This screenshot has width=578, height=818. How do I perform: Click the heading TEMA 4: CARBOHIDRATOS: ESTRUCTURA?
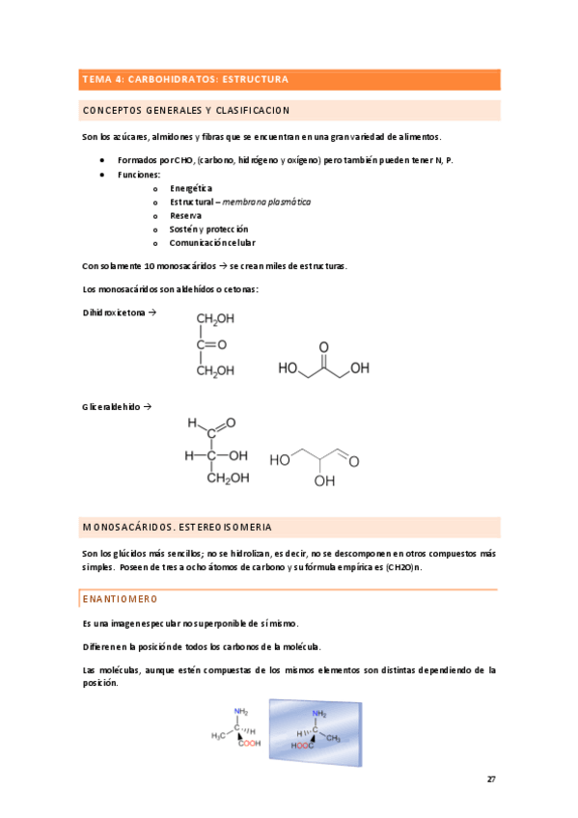point(185,79)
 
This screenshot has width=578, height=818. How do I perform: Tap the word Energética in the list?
point(191,188)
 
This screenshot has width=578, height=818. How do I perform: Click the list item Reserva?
point(185,216)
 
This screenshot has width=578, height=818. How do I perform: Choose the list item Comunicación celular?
point(212,243)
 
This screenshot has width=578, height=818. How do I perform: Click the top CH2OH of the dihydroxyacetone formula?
point(214,318)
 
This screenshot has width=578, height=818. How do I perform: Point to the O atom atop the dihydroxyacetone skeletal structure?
point(323,343)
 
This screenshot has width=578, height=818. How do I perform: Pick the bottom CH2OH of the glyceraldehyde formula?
point(228,477)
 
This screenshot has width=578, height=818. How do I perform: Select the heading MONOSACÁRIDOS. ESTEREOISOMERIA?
point(178,528)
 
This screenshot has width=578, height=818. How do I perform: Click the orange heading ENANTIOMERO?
point(117,599)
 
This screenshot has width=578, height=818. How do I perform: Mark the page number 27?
point(491,778)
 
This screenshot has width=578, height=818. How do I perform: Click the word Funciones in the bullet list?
point(140,175)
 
